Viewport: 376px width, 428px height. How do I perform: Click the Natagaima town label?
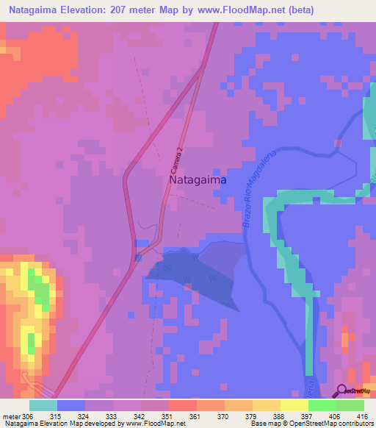[x=198, y=179]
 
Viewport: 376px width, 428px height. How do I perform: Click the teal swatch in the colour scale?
[x=43, y=405]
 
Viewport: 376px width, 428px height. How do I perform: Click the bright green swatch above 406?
[x=322, y=405]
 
